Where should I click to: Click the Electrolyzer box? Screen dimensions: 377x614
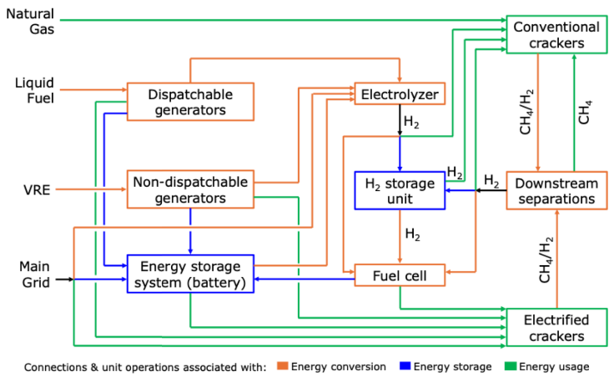[399, 93]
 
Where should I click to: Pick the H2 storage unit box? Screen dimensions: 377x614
[399, 190]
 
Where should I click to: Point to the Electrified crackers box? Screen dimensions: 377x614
[556, 328]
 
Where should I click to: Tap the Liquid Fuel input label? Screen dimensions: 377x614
[33, 90]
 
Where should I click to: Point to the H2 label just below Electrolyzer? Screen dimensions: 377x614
[412, 123]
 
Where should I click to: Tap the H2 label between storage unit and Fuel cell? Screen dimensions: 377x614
[412, 234]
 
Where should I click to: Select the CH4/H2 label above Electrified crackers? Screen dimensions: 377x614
[546, 260]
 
